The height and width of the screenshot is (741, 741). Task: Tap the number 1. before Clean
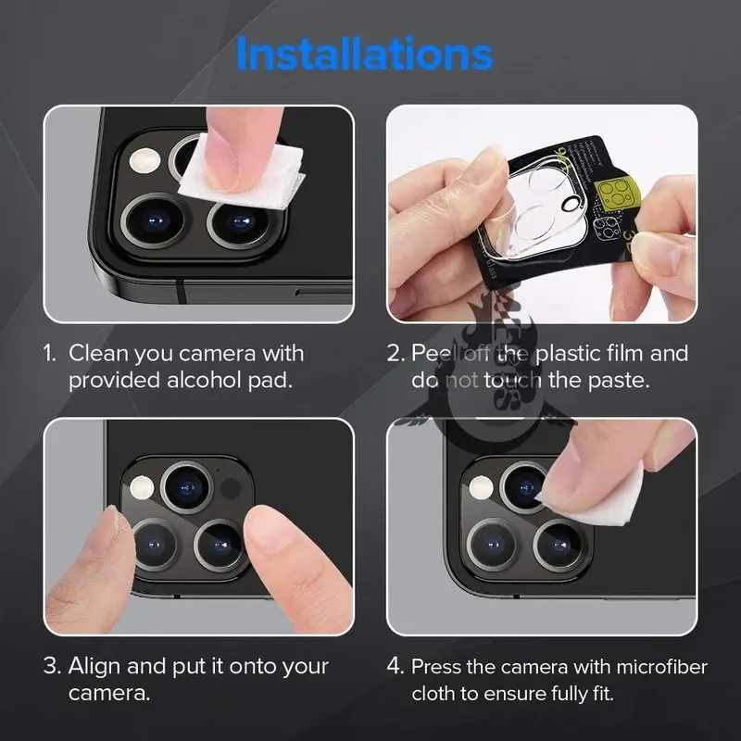pos(51,353)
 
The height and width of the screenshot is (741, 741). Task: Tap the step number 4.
pos(395,666)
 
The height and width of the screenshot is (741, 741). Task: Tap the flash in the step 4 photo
pos(479,488)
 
